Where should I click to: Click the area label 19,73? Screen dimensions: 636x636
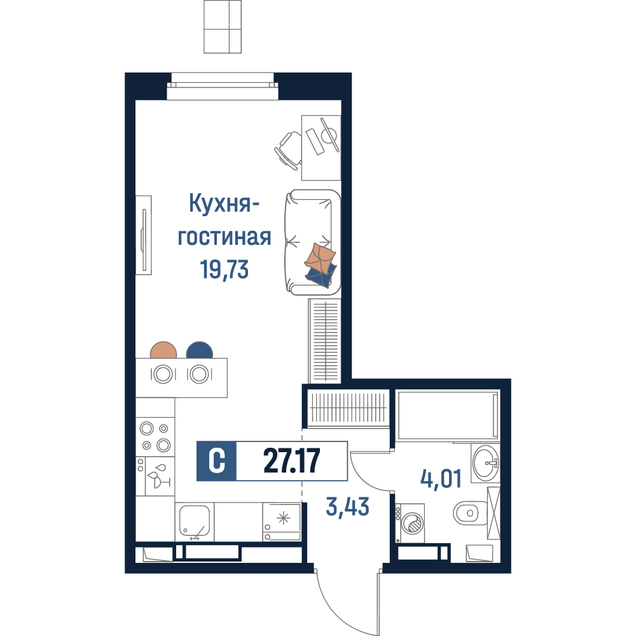point(225,270)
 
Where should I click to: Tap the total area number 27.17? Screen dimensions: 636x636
point(292,460)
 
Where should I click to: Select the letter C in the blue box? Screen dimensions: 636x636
point(217,460)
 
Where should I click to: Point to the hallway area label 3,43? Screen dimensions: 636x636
point(348,507)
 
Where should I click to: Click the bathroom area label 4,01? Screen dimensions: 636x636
point(441,479)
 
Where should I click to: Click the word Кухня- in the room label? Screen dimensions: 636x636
point(224,204)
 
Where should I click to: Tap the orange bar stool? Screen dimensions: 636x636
point(163,350)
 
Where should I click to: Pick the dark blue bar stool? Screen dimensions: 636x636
point(200,350)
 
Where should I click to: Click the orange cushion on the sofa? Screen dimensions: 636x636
point(320,259)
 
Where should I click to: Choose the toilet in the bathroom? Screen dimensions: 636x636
point(471,513)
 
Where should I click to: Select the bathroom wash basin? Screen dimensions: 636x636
point(485,463)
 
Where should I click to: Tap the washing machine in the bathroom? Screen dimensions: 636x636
point(410,523)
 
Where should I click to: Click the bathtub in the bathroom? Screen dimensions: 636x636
point(448,415)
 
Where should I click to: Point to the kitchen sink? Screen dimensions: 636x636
point(194,521)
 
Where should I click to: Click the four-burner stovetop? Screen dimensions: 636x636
point(155,436)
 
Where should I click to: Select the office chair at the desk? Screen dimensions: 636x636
point(289,150)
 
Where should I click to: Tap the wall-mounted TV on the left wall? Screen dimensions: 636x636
point(144,235)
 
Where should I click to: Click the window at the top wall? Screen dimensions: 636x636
point(223,86)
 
